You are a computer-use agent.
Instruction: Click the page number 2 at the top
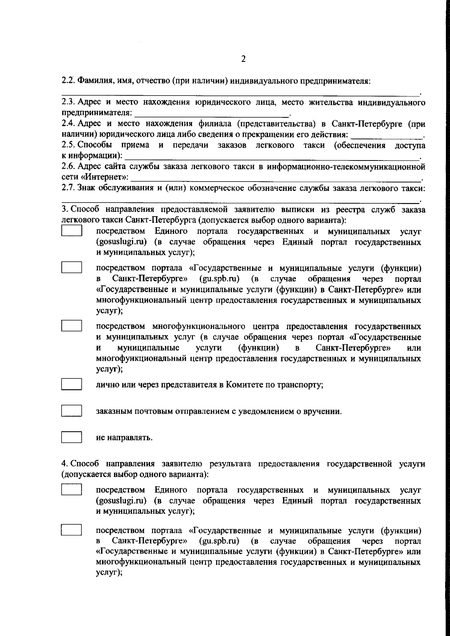[243, 59]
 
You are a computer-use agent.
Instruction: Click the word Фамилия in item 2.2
[94, 81]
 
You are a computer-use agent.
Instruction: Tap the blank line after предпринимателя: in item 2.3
[212, 114]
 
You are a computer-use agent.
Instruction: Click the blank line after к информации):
[272, 156]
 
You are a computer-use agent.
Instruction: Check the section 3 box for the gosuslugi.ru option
[72, 230]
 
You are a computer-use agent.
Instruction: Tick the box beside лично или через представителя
[72, 384]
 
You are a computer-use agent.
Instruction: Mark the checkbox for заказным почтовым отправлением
[72, 411]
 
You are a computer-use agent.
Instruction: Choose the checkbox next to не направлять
[72, 437]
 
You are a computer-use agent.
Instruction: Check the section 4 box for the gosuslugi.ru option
[72, 490]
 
